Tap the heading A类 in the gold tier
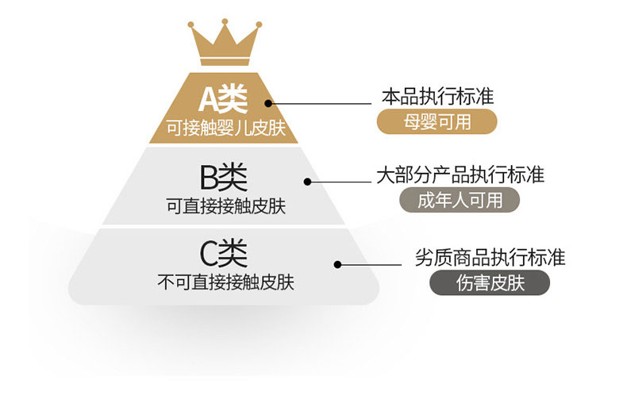[x=223, y=99]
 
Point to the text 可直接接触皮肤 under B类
[x=225, y=205]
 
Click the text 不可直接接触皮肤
[x=225, y=282]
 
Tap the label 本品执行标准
[x=437, y=97]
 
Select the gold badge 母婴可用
[x=437, y=121]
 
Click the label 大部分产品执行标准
[x=460, y=174]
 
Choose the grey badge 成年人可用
[x=460, y=200]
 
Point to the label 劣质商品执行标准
[x=490, y=258]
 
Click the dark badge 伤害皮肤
[x=490, y=283]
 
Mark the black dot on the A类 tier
[x=268, y=102]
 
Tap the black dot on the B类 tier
[x=308, y=182]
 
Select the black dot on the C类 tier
[x=337, y=264]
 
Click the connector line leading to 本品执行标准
[x=321, y=102]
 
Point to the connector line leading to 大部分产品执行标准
[x=341, y=182]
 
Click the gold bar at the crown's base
[x=224, y=61]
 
